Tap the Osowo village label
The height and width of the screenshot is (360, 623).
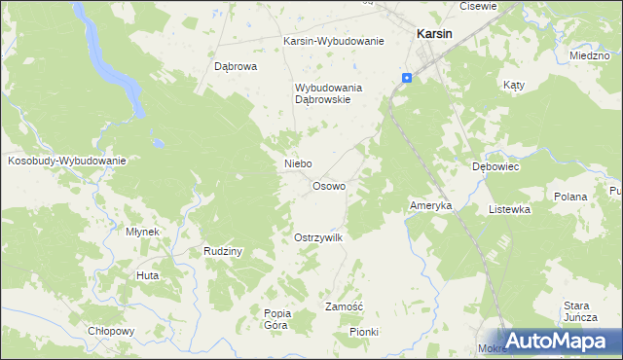tap(328, 186)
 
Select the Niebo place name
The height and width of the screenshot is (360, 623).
tap(297, 163)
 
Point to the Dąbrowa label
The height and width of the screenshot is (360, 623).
tap(235, 67)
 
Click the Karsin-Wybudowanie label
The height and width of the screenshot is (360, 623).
tap(334, 42)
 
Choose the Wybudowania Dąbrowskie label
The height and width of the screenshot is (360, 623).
tap(329, 93)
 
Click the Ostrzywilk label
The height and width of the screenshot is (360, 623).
tap(318, 237)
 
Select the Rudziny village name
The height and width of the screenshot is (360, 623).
tap(223, 251)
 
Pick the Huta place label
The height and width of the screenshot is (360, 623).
tap(148, 276)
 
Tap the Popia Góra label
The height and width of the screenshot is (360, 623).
tap(277, 319)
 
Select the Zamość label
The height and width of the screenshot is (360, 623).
tap(344, 306)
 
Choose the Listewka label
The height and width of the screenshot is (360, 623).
tap(509, 209)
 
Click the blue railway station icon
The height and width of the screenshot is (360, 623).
tap(407, 78)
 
